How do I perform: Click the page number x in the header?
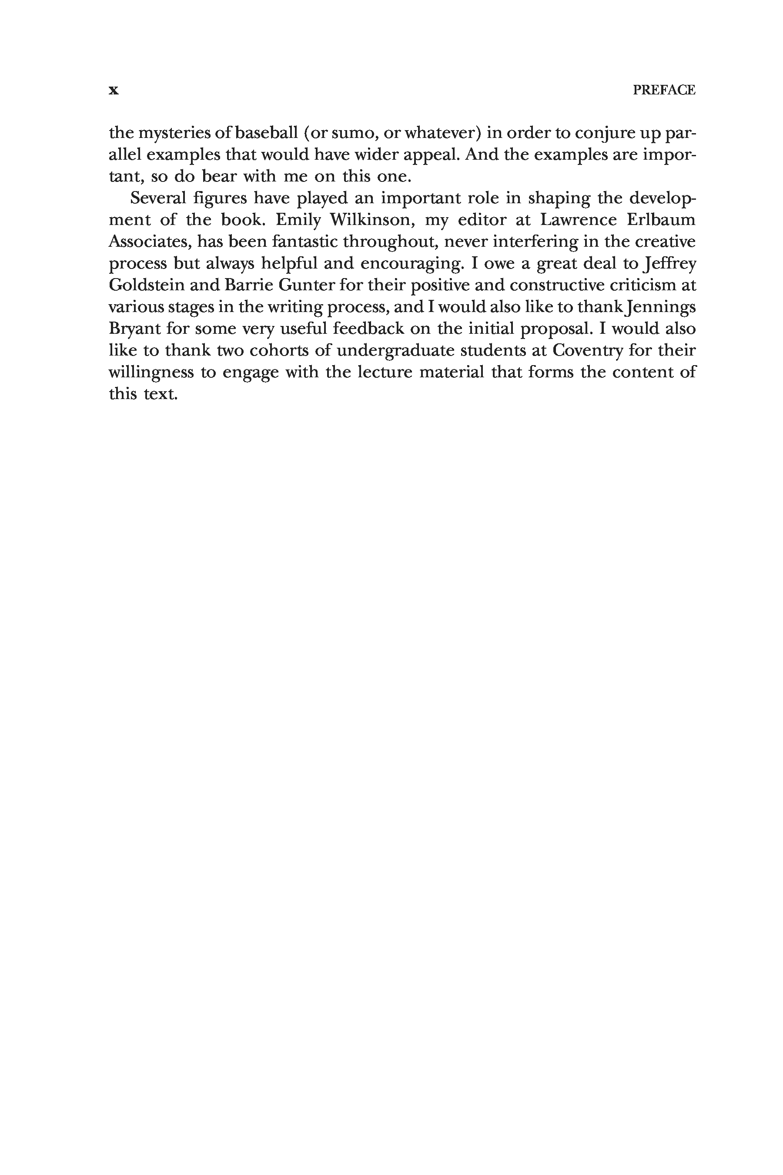[x=114, y=91]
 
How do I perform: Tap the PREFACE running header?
[x=664, y=90]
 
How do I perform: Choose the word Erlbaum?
[x=661, y=220]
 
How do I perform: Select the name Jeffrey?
[x=669, y=264]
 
